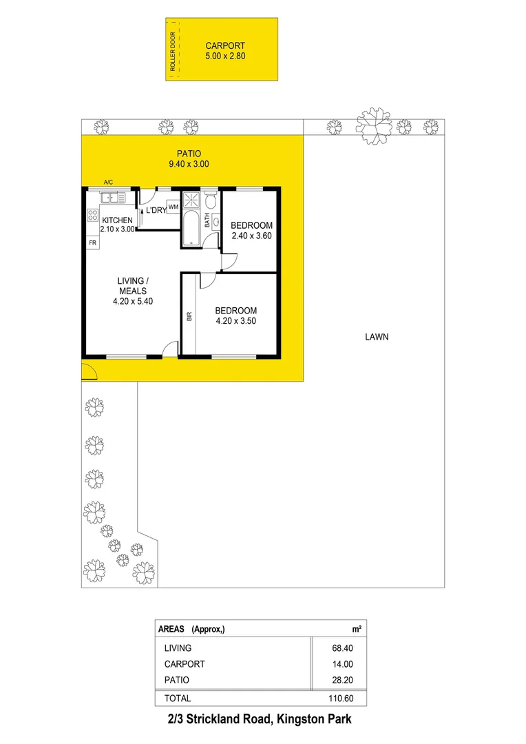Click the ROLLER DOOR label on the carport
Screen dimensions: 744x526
[x=173, y=50]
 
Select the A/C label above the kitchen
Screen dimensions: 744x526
[x=108, y=182]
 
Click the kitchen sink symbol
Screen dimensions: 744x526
[x=113, y=198]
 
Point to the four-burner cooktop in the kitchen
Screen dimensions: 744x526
[x=92, y=215]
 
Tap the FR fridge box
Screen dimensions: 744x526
[x=92, y=243]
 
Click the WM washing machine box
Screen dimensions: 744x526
[x=173, y=207]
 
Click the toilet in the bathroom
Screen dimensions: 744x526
[x=211, y=200]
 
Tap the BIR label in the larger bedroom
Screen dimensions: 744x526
[x=189, y=317]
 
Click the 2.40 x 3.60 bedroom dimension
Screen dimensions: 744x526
[x=251, y=235]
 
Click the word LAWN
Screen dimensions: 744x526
[x=377, y=337]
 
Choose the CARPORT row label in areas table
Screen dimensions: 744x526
[x=185, y=664]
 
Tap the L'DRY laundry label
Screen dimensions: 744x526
[x=156, y=210]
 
